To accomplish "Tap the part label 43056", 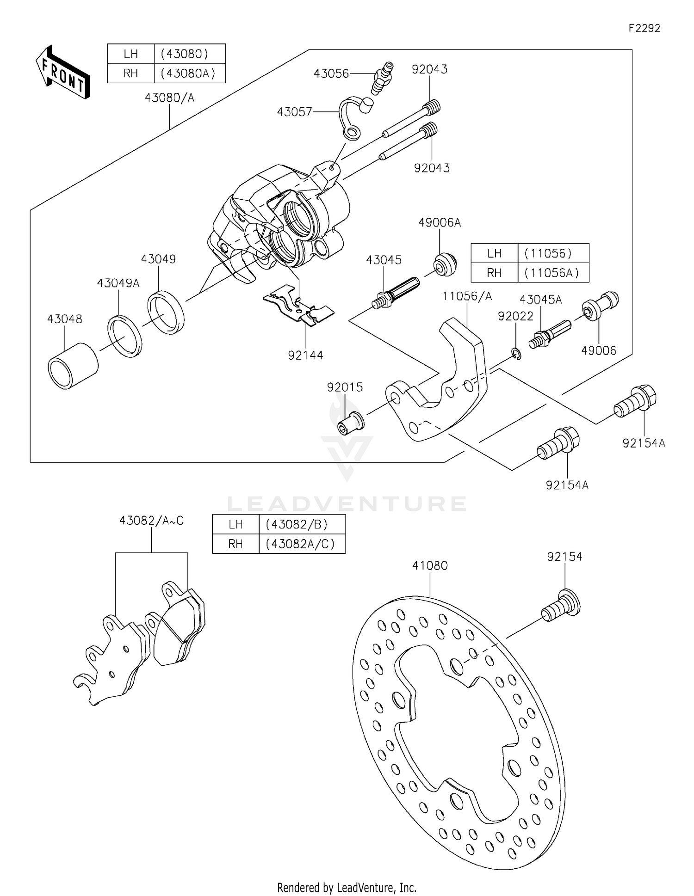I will click(331, 74).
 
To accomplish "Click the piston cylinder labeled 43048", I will click(73, 366).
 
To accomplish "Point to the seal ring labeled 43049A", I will click(125, 336).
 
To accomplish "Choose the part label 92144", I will click(305, 355).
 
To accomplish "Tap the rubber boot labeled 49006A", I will click(445, 264).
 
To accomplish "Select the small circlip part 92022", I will click(517, 354).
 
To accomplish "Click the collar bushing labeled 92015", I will click(351, 422).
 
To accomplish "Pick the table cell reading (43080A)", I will click(189, 74).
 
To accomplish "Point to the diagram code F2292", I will click(644, 28).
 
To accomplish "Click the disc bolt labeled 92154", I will click(561, 607).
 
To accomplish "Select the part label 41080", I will click(430, 565).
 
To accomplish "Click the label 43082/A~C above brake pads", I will click(151, 521).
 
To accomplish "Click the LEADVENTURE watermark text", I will click(347, 503).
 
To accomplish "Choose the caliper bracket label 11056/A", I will click(467, 296).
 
